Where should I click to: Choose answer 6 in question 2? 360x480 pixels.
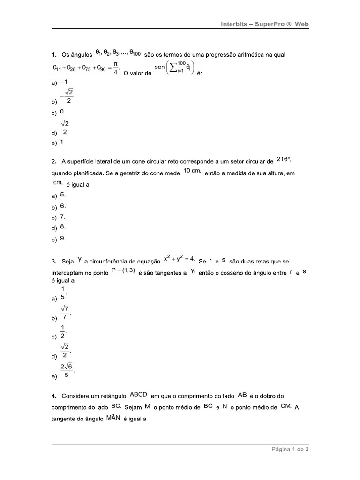[x=63, y=206]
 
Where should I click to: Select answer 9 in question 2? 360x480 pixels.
[x=63, y=238]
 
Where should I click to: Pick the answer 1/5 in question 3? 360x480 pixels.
[x=64, y=293]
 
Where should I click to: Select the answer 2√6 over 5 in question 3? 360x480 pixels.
[x=67, y=371]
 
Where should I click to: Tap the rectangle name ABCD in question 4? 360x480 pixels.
[x=139, y=394]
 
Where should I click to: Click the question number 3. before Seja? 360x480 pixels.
[x=54, y=261]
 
